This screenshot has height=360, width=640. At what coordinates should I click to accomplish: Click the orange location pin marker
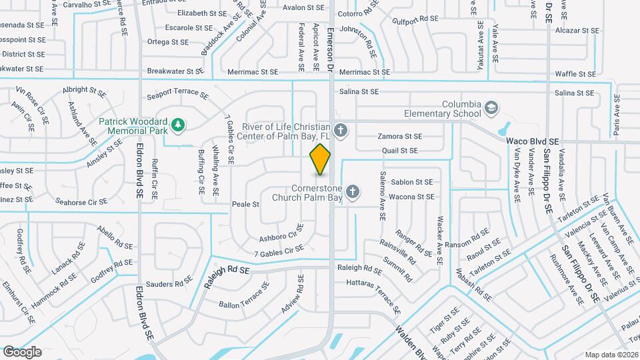pyautogui.click(x=321, y=159)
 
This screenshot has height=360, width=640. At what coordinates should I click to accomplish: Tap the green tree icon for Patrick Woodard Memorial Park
pyautogui.click(x=177, y=125)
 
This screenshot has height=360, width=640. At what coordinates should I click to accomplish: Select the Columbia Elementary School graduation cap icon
pyautogui.click(x=491, y=107)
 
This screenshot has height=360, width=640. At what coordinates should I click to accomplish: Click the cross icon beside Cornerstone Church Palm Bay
pyautogui.click(x=353, y=193)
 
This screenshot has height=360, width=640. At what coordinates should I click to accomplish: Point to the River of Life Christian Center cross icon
pyautogui.click(x=341, y=130)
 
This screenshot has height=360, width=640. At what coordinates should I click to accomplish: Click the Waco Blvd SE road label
pyautogui.click(x=532, y=141)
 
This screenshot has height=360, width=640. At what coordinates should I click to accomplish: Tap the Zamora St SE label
pyautogui.click(x=400, y=137)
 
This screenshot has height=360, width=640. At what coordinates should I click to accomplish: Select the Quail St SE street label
pyautogui.click(x=400, y=151)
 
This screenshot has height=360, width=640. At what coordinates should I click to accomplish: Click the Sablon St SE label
pyautogui.click(x=412, y=182)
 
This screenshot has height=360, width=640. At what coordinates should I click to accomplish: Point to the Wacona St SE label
pyautogui.click(x=412, y=197)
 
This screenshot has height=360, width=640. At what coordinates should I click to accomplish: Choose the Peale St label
pyautogui.click(x=245, y=204)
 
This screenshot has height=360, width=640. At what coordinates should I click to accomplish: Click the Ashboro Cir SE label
pyautogui.click(x=278, y=237)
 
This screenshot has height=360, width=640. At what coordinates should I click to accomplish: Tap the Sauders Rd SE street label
pyautogui.click(x=169, y=284)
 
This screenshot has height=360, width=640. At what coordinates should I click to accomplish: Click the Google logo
pyautogui.click(x=22, y=352)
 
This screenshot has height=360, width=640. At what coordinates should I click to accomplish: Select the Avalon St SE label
pyautogui.click(x=303, y=8)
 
